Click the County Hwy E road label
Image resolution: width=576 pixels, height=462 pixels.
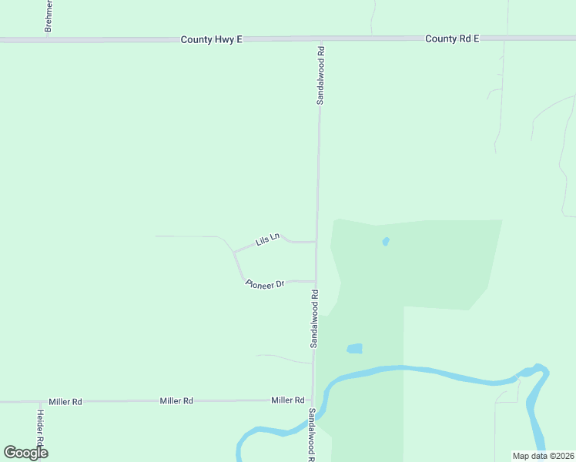(x=212, y=38)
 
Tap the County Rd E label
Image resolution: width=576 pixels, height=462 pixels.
(x=453, y=38)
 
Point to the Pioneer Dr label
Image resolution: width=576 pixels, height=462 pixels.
(x=265, y=283)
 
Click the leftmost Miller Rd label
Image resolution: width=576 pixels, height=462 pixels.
(x=65, y=402)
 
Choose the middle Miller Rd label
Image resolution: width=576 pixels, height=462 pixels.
(x=176, y=401)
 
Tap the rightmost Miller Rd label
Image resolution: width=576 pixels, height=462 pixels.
(x=288, y=400)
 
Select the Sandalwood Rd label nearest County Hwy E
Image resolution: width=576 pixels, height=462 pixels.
(x=321, y=75)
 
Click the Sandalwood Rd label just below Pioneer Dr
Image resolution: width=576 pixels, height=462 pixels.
(x=315, y=319)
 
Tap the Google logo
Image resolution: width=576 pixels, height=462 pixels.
(x=25, y=452)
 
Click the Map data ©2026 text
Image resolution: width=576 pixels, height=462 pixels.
(x=543, y=456)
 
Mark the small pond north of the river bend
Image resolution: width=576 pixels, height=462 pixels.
(x=354, y=348)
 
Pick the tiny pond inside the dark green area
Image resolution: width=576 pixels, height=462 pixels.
(x=386, y=241)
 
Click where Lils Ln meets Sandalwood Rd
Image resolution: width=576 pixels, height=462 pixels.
(x=316, y=242)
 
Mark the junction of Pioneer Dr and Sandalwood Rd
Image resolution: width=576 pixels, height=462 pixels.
(x=316, y=282)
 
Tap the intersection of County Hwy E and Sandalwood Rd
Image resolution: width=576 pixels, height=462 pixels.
(x=321, y=38)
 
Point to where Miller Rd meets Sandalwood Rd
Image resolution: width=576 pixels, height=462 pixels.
(x=313, y=400)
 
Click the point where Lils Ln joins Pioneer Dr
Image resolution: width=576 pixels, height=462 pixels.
(x=234, y=252)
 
